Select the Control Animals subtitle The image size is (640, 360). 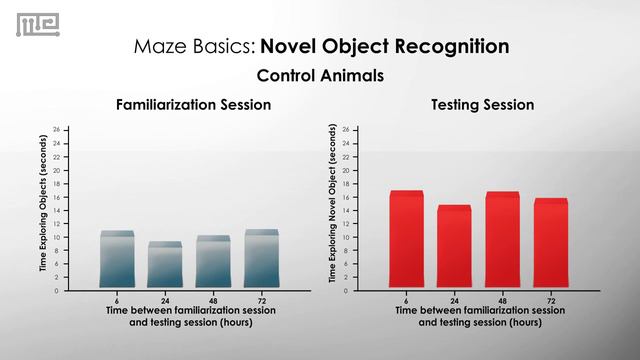[320, 76]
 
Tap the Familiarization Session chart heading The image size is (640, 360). [193, 105]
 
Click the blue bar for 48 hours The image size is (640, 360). [213, 262]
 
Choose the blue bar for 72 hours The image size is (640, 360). [261, 259]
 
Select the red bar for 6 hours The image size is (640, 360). [406, 240]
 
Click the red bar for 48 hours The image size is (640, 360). [502, 240]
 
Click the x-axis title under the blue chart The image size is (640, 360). [190, 316]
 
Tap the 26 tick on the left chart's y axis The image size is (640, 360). [57, 130]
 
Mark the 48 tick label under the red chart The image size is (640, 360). [502, 300]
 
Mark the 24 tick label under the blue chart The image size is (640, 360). [165, 300]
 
